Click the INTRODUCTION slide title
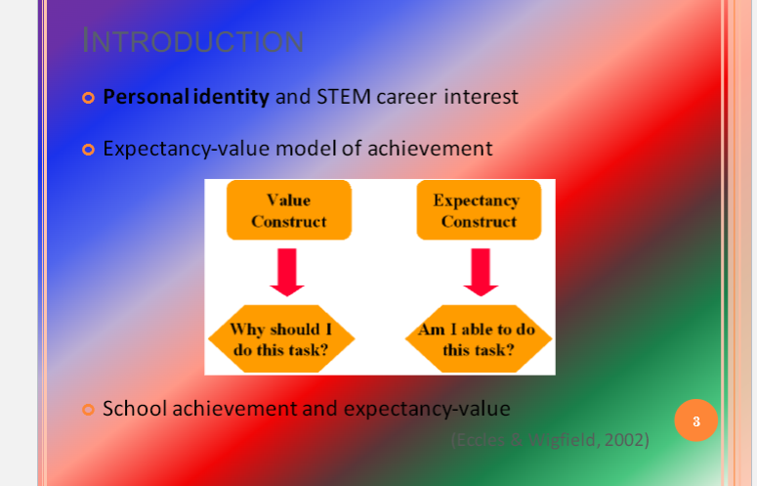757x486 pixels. pos(192,41)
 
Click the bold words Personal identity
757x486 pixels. pos(186,97)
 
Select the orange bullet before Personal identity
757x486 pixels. pos(88,98)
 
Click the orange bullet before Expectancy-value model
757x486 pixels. pos(88,150)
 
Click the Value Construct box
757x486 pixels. pos(288,210)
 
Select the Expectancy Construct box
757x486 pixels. pos(478,210)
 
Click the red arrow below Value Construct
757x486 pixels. pos(287,272)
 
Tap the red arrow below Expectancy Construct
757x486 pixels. pos(481,272)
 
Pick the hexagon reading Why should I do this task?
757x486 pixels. pos(281,338)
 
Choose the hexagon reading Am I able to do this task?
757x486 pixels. pos(478,338)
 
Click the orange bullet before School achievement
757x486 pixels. pos(88,409)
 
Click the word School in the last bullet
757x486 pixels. pos(135,408)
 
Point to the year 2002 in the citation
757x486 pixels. pos(626,440)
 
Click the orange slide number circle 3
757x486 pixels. pos(695,420)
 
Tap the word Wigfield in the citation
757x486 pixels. pos(564,440)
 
